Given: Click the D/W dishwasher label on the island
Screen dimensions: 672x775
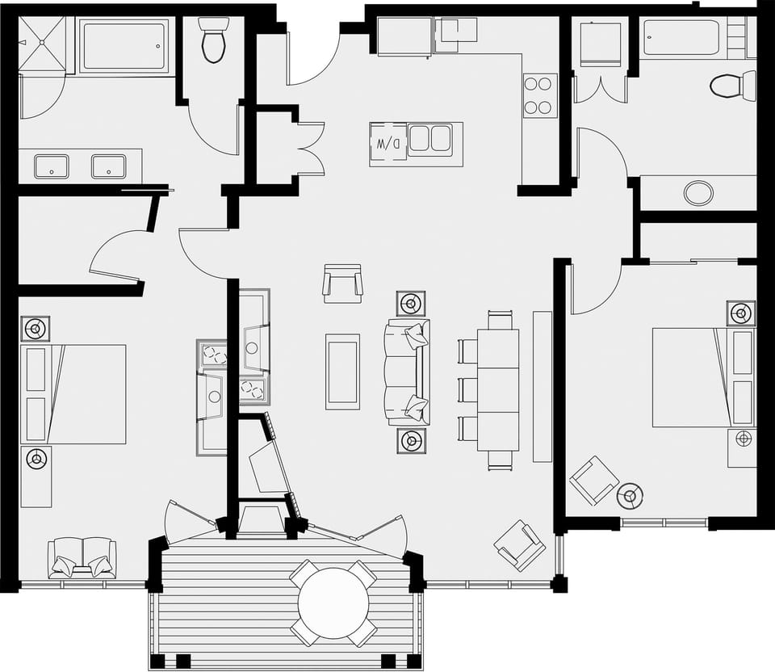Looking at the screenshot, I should [382, 144].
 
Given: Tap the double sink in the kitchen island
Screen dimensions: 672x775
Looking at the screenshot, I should [429, 139].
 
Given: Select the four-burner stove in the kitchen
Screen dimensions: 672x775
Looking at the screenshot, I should [539, 95].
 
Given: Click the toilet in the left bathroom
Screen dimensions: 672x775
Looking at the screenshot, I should [214, 40].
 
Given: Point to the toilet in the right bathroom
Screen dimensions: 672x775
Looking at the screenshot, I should [731, 86].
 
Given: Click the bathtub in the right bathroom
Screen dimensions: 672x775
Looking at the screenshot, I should [681, 38].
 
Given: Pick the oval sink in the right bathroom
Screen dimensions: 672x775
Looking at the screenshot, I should [698, 193].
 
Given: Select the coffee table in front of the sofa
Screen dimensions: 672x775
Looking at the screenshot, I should [342, 371].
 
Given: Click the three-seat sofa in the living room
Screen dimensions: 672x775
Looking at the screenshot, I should [408, 372].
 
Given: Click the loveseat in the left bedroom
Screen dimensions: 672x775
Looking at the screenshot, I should [82, 557].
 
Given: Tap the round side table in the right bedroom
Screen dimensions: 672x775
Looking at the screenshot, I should [630, 495].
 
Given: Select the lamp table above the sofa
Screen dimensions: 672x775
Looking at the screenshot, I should [411, 304].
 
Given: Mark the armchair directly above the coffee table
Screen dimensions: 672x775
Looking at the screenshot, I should [342, 283].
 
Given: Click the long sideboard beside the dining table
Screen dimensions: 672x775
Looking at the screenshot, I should [542, 386].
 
